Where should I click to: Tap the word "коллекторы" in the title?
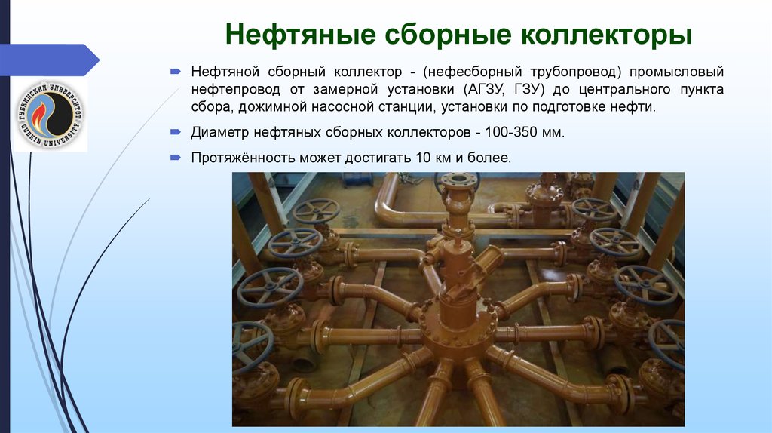606,35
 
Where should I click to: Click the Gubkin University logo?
50,115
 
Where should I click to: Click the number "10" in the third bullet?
423,158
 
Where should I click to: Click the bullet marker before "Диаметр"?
176,132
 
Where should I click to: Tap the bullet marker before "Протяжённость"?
176,158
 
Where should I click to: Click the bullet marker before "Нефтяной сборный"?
176,72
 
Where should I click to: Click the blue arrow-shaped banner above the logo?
49,60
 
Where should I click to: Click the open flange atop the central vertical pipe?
458,179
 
